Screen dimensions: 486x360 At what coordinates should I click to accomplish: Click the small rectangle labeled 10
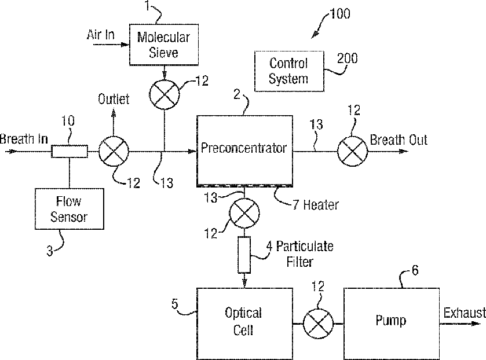pos(70,152)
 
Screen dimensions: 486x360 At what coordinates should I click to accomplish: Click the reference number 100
pos(339,14)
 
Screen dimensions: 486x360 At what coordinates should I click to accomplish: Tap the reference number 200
pos(347,58)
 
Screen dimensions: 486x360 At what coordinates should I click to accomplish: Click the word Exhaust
pos(465,313)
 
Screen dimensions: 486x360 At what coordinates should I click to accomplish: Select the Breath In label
pos(24,139)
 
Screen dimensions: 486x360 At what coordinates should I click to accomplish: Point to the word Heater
pos(321,205)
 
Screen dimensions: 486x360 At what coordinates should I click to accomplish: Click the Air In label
pos(100,35)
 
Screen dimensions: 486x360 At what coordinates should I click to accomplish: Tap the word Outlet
pos(114,99)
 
